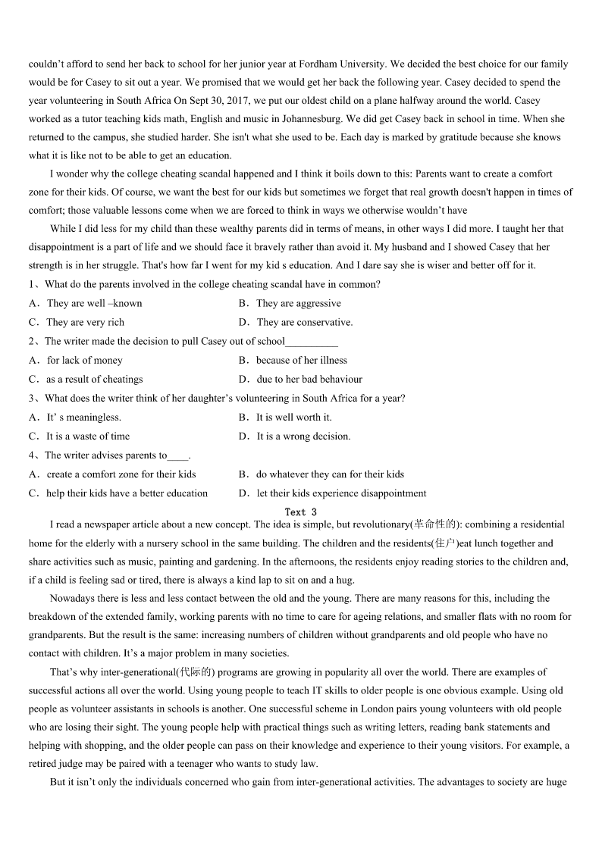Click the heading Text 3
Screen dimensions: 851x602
point(300,512)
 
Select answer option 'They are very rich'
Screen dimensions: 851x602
point(85,322)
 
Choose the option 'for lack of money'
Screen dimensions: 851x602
point(84,360)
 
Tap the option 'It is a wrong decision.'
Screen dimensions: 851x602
point(303,436)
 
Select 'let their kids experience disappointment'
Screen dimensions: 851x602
point(341,493)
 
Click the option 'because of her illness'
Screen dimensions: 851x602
point(301,360)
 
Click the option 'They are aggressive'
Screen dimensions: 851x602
point(298,303)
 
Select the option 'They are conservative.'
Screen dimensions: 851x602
point(304,322)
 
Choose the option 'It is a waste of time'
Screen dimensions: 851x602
point(88,436)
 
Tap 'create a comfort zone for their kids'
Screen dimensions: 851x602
point(121,474)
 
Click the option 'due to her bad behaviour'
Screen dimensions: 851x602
point(309,379)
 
